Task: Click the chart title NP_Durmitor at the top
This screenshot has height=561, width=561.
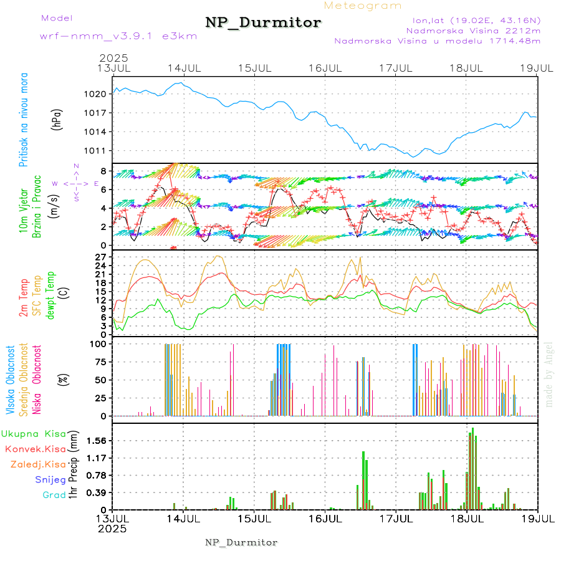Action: [x=263, y=23]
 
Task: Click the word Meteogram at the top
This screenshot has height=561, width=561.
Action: [x=363, y=6]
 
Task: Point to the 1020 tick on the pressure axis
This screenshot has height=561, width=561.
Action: [x=103, y=93]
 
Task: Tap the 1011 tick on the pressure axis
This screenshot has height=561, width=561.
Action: [x=103, y=151]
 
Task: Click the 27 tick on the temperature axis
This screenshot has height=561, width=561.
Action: [x=103, y=257]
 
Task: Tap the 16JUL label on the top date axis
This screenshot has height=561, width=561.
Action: [x=325, y=68]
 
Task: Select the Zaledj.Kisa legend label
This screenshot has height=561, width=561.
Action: [x=38, y=464]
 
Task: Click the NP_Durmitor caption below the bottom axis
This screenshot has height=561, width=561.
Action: [x=241, y=542]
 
